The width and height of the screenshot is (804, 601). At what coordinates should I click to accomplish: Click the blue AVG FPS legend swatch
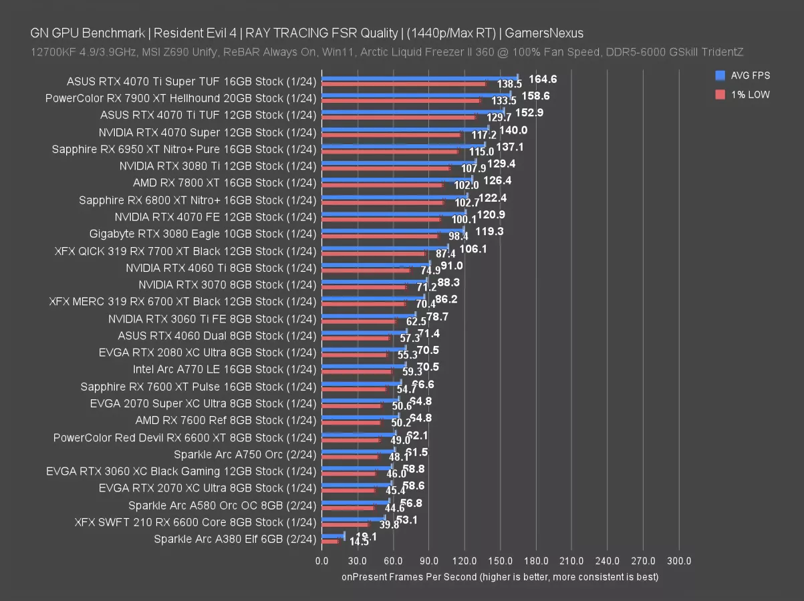(720, 75)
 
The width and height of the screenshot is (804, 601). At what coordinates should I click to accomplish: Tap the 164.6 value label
(543, 79)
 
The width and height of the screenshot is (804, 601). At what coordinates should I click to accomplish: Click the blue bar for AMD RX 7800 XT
(397, 179)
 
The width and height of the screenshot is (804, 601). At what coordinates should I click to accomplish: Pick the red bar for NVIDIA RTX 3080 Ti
(386, 168)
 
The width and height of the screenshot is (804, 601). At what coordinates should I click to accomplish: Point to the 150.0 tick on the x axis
(501, 561)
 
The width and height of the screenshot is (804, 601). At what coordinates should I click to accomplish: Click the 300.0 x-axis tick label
(679, 561)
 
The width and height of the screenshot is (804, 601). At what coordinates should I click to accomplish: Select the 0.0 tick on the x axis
(322, 561)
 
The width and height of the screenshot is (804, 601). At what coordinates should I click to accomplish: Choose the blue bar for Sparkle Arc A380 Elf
(333, 536)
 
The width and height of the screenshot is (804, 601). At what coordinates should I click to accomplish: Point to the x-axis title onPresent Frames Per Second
(500, 576)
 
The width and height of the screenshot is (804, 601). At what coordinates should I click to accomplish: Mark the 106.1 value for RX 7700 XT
(473, 248)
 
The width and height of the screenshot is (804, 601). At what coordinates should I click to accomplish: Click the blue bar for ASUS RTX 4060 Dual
(364, 332)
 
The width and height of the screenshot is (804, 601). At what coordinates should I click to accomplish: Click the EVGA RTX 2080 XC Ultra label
(200, 353)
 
